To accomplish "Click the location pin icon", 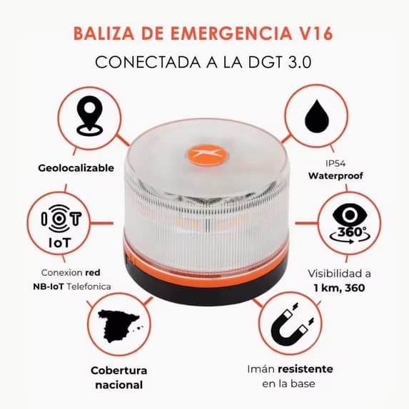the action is coord(89,115).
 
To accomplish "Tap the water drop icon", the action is coord(317,116).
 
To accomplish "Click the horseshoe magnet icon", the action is coord(291,324).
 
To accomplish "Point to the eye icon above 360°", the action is coord(350,215).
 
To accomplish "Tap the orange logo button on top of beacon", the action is coord(207,155).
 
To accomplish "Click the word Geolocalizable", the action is coord(76,168).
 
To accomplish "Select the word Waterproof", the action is coord(335,176).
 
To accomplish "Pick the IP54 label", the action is coord(335,164).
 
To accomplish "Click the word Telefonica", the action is coord(89,286).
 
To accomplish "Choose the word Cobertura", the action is coord(119,371).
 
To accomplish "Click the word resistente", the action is coord(306,369).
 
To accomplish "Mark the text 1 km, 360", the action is coord(339,288).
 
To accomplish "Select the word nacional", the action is coord(119,385).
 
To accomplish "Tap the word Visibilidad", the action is coord(339,274).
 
